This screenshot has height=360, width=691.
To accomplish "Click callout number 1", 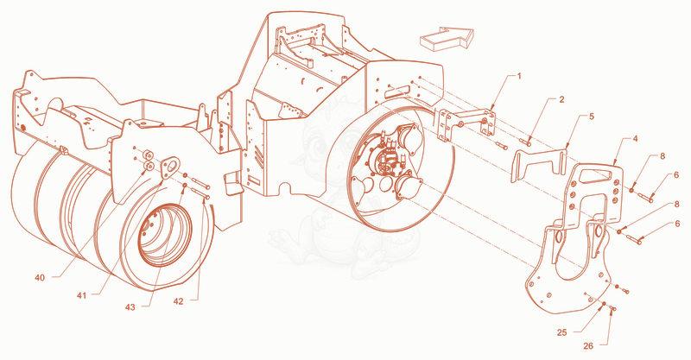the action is pos(519,76).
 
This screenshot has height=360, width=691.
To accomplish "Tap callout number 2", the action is pos(561,99).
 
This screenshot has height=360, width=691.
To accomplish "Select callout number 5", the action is pos(592,117).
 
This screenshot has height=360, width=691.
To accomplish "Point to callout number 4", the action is pos(635,139).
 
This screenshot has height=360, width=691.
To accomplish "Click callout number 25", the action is pos(562,332).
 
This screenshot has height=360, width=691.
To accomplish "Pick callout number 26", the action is pos(588,346).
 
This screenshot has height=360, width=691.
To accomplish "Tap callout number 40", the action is pos(40,278).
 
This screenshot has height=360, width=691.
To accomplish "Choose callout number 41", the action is pos(81,295).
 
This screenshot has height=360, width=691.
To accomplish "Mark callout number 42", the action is pos(178,301).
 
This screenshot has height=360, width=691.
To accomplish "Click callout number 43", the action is pos(130,307).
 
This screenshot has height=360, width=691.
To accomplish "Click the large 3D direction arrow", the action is pos(446,39).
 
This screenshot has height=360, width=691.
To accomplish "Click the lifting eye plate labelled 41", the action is pos(170,167).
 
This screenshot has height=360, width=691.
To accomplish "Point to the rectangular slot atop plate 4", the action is pos(595,175).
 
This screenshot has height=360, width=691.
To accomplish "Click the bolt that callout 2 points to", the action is pos(525,142).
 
